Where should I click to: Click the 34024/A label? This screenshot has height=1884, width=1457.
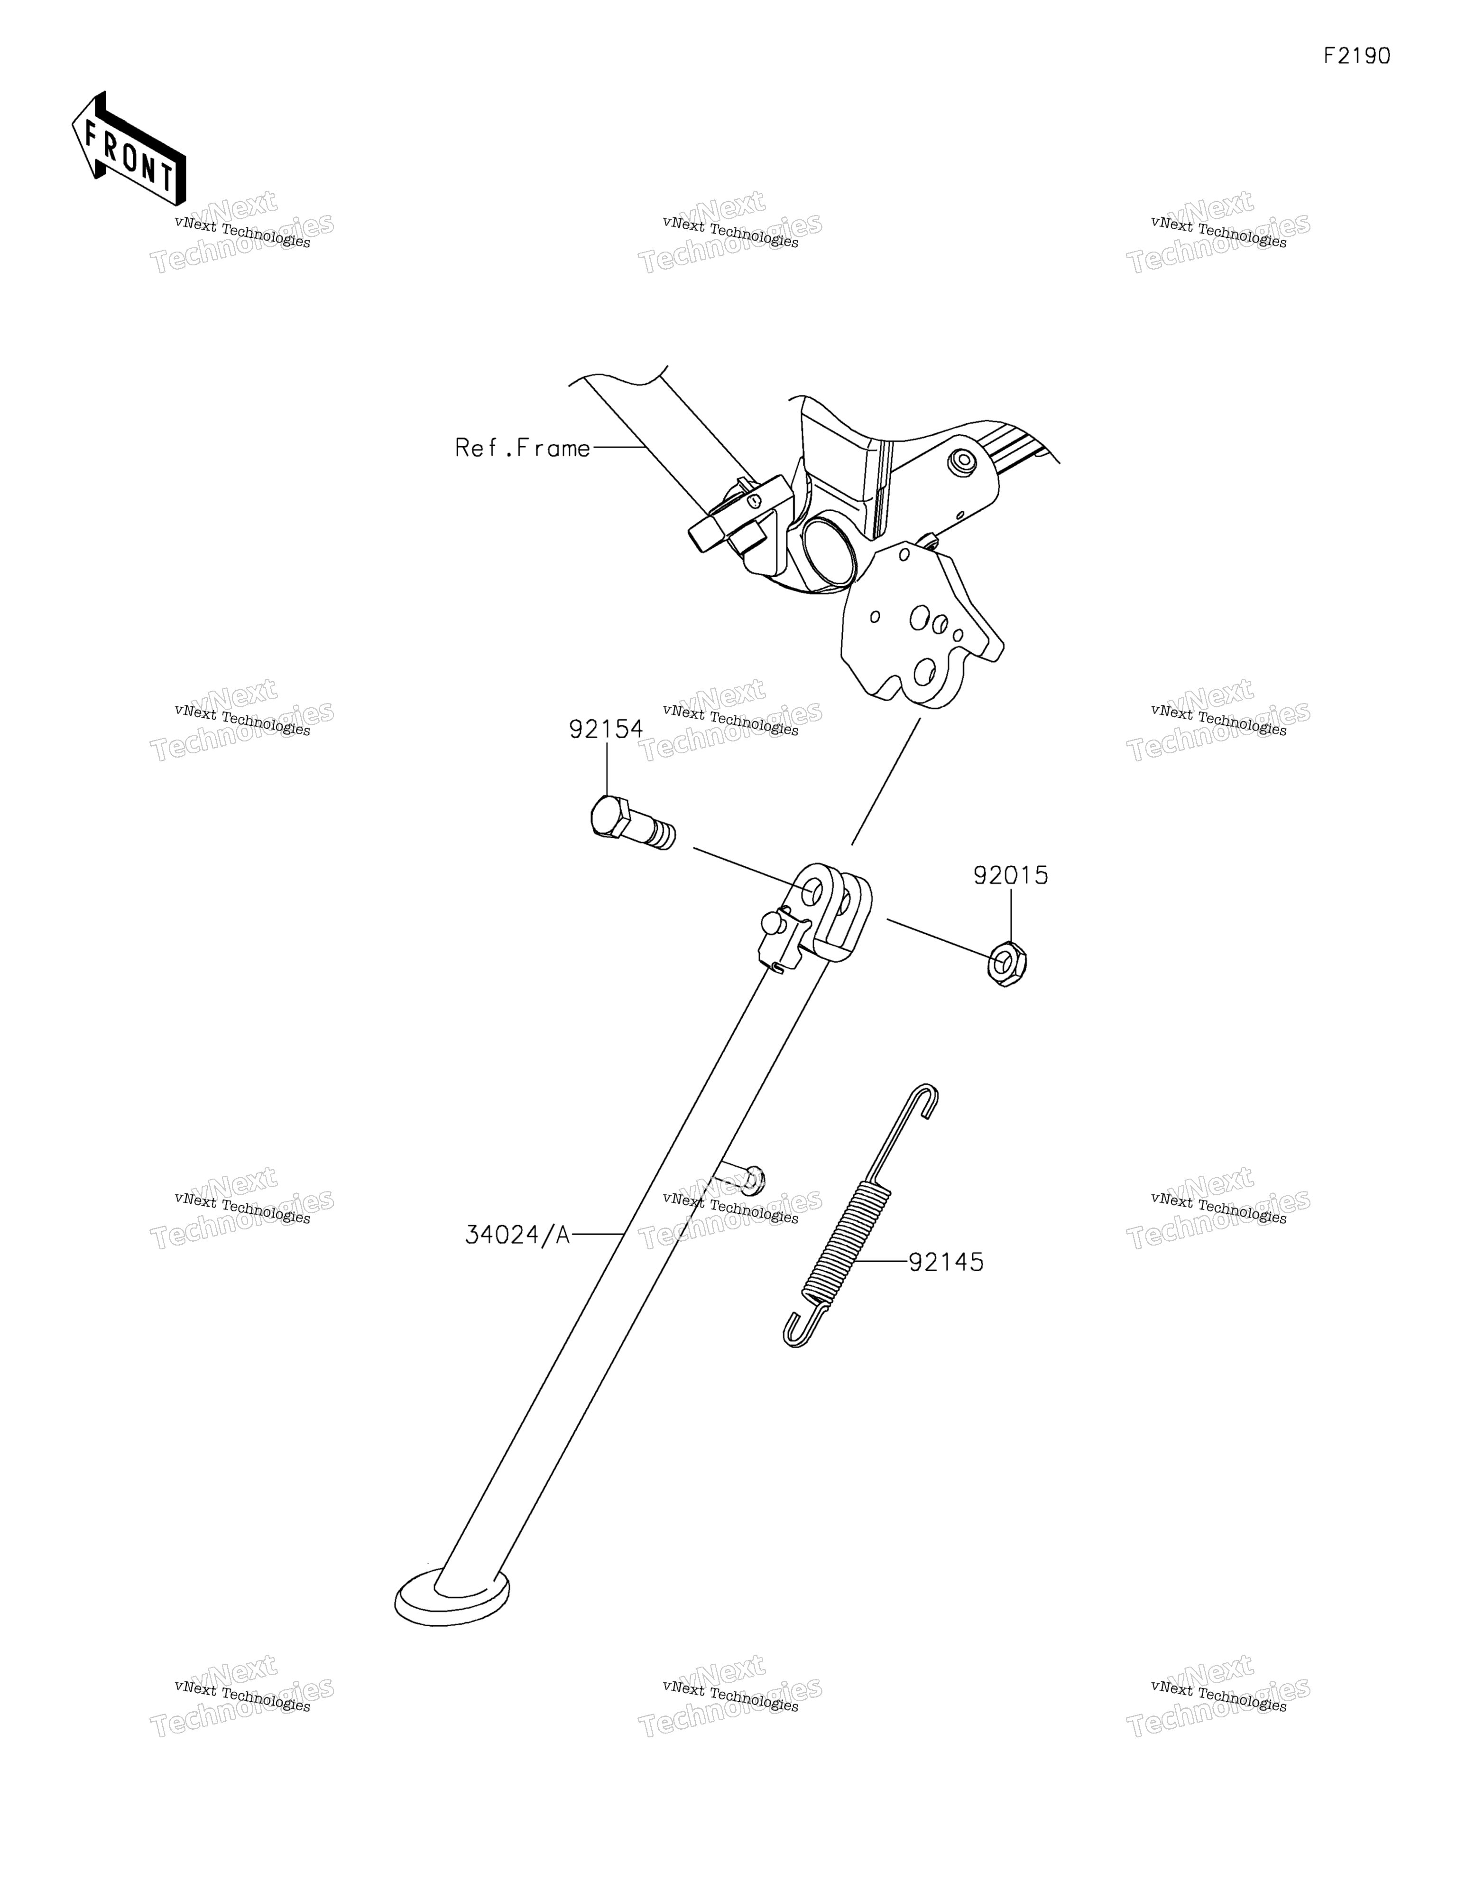pyautogui.click(x=517, y=1235)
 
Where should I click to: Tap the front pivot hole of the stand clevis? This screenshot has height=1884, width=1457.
pyautogui.click(x=812, y=892)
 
